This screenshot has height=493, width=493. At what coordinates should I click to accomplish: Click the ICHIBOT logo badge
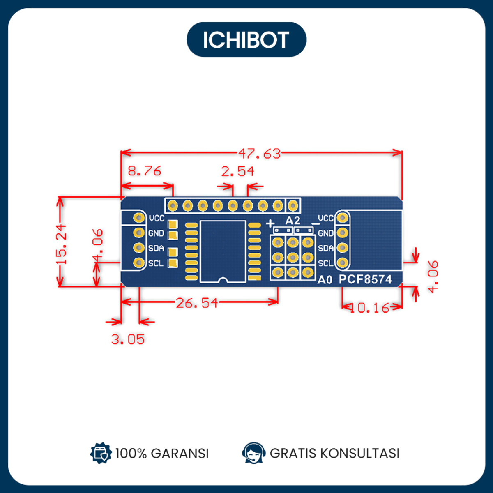point(246,39)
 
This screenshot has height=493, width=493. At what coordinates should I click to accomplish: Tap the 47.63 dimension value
point(259,154)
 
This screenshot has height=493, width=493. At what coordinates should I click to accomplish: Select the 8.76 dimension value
point(145,170)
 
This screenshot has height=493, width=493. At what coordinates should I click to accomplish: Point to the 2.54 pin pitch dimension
point(238,171)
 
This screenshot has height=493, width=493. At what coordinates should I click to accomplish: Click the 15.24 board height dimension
point(61,244)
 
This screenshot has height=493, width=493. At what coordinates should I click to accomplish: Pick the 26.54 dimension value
point(197,303)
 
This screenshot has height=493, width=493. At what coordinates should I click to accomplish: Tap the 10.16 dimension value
point(369,308)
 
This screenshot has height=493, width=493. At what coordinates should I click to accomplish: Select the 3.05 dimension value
point(128,339)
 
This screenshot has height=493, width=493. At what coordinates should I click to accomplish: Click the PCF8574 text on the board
point(365,279)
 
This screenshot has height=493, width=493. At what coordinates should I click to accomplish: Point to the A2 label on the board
point(293,220)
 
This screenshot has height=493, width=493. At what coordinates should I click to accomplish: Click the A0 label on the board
point(325,280)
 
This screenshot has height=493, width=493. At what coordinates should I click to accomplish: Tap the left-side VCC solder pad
point(139,218)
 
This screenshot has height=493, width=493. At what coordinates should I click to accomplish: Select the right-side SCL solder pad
point(342,263)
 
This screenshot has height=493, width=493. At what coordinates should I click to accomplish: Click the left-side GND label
point(156,233)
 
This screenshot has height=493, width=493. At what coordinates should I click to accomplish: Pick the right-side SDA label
point(326,248)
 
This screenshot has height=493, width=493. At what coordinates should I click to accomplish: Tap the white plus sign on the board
point(270,223)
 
